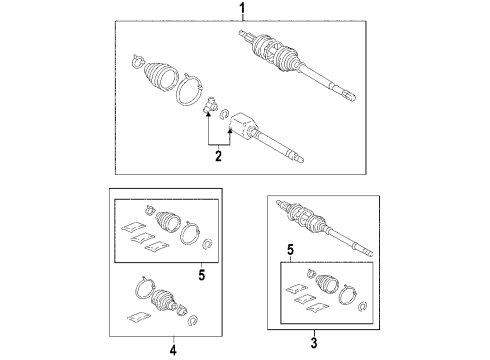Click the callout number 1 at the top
(243, 8)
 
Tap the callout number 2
(218, 156)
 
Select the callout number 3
(314, 343)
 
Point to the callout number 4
(173, 350)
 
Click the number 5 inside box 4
(202, 275)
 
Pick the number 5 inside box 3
(291, 249)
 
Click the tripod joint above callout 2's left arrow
(210, 105)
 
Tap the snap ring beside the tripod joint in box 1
(224, 114)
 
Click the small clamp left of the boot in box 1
(137, 62)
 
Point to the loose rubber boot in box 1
(160, 76)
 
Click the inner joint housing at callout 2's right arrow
(243, 125)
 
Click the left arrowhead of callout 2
(208, 115)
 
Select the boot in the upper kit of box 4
(168, 220)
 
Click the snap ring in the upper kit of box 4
(207, 244)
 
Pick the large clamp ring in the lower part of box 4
(144, 289)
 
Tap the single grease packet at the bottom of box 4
(139, 317)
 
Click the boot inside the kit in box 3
(327, 283)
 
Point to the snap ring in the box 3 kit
(363, 307)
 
